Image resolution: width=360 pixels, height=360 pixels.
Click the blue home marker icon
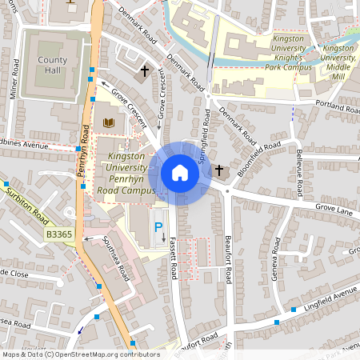(x=179, y=173)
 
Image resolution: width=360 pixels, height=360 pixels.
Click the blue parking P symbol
(x=158, y=226)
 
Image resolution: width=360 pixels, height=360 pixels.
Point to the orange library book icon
(x=109, y=122)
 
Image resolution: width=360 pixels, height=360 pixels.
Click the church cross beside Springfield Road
(x=219, y=170)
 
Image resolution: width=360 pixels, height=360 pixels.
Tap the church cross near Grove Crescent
(x=145, y=71)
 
